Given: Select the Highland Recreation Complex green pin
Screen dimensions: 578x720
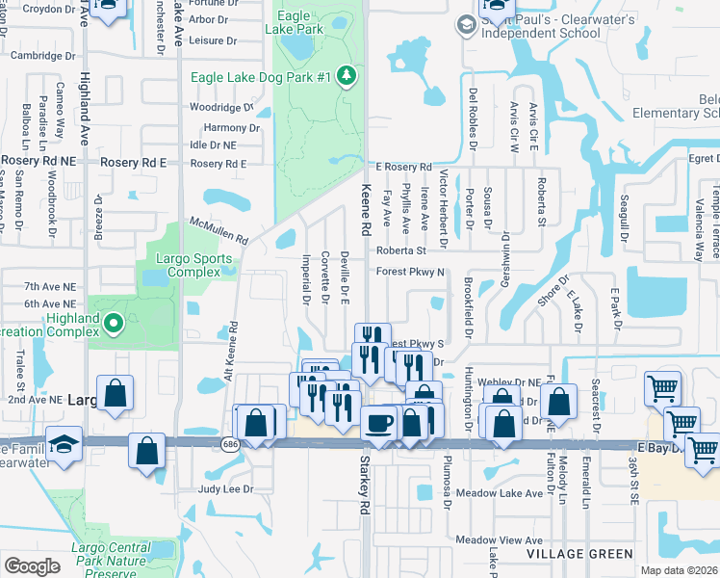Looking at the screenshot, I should click(114, 324).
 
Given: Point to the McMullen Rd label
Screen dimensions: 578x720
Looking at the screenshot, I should click(219, 230).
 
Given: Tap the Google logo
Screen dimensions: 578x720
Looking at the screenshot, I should click(32, 565).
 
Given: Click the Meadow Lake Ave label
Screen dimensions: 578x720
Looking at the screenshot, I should click(499, 494).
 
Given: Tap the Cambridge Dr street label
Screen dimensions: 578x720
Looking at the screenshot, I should click(42, 56).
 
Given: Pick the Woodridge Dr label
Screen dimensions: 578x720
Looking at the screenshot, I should click(221, 108).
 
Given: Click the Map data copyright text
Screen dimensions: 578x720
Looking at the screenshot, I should click(679, 570).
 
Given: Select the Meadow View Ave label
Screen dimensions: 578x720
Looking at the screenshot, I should click(500, 540).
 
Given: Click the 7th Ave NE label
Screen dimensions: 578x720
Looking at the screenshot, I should click(50, 287).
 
